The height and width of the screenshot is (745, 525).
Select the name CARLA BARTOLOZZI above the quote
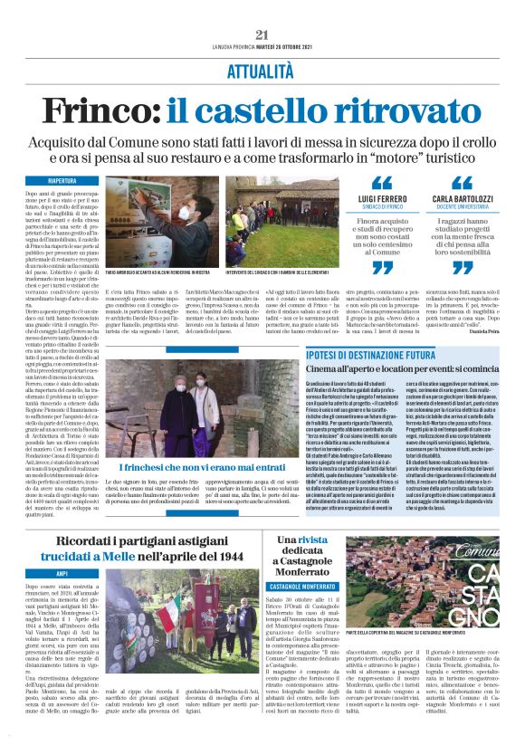461,197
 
